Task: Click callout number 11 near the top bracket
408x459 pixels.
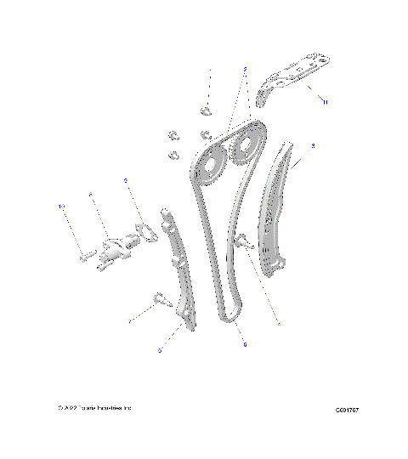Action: [x=324, y=101]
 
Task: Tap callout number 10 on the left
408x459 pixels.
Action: [x=61, y=206]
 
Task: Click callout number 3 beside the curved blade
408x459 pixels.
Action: [x=314, y=146]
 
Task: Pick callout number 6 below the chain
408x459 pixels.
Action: [x=244, y=345]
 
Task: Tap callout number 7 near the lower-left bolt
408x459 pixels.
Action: [x=129, y=322]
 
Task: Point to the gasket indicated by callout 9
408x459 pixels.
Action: [x=145, y=230]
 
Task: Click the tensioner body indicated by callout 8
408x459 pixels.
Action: [x=120, y=247]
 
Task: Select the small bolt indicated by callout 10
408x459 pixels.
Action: [x=85, y=254]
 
